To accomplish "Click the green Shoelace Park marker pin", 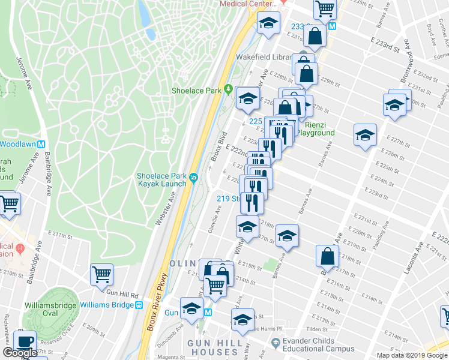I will point(228,90).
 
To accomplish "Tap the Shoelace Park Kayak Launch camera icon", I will point(193,178).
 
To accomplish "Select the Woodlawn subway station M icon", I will point(41,144).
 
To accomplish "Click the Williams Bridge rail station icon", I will point(139,305).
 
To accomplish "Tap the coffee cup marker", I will point(25,341).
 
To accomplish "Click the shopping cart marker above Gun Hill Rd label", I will point(101,275).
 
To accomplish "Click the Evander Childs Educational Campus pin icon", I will point(275,343).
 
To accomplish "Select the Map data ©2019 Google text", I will point(411,355).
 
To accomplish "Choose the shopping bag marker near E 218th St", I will point(328,257).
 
